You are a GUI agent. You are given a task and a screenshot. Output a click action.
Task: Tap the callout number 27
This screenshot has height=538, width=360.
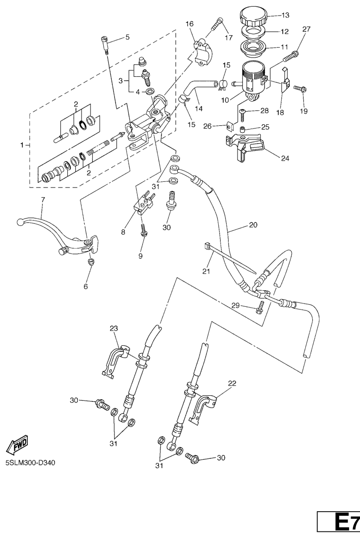tap(307, 30)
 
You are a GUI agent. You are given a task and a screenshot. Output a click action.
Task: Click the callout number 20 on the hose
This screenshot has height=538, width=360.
tap(253, 225)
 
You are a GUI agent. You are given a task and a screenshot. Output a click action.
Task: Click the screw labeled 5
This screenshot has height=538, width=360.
tap(106, 46)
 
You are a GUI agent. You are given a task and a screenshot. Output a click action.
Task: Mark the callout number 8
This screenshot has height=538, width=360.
tap(123, 232)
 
